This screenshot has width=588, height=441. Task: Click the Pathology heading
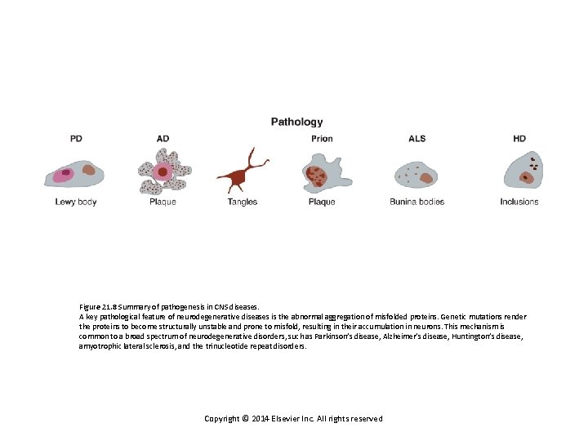click(x=296, y=122)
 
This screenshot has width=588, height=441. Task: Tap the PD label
click(x=76, y=139)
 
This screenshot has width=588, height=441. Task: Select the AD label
click(x=163, y=139)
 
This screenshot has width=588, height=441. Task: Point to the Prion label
click(x=322, y=139)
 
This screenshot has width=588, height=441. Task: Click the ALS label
click(x=416, y=139)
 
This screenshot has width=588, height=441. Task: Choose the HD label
click(x=519, y=139)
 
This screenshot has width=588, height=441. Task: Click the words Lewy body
click(x=76, y=202)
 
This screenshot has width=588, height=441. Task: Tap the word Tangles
click(x=243, y=202)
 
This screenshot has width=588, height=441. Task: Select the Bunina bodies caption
click(x=416, y=202)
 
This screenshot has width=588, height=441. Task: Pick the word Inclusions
click(x=519, y=202)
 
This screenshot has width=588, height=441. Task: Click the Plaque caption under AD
click(x=163, y=202)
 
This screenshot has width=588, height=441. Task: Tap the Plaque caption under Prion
click(x=322, y=202)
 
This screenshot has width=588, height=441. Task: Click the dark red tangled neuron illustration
click(x=243, y=173)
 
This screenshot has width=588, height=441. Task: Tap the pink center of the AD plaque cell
click(x=163, y=171)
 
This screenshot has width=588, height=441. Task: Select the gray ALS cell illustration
click(x=416, y=172)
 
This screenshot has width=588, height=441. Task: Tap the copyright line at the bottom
click(x=293, y=419)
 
